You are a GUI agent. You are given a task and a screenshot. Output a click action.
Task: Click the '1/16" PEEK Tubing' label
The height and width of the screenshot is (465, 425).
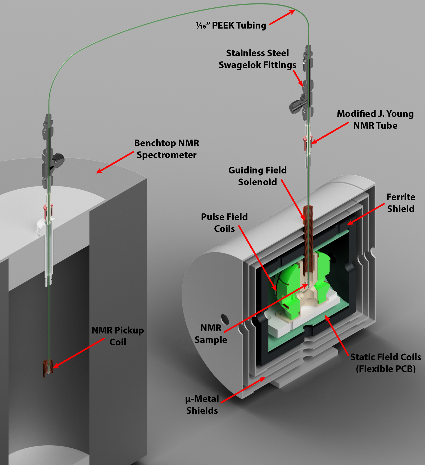coord(231,25)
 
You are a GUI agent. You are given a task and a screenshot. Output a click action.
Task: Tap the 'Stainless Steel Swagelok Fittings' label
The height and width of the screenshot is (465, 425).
coord(257,59)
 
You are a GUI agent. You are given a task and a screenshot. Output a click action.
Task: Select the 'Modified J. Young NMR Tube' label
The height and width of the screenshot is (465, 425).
coord(375,119)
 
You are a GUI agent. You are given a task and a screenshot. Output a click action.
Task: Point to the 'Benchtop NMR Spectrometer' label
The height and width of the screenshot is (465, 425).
coord(166,149)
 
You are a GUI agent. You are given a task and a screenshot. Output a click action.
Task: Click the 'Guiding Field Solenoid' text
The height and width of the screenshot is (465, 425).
coord(257,176)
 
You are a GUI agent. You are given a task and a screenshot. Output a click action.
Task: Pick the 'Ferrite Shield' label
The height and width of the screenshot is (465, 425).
coord(400,203)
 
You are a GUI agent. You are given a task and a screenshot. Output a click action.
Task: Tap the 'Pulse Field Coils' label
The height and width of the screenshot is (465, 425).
coord(224,223)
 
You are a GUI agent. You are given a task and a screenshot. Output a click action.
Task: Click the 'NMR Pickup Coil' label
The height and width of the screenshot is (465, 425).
coord(118,336)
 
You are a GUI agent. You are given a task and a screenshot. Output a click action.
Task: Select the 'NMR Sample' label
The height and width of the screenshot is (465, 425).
coord(211,334)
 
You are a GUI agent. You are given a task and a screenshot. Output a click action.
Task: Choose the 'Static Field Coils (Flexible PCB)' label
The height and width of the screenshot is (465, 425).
coord(386,363)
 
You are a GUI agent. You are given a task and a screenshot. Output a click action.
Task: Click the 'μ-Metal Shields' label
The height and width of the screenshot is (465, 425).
coord(202,405)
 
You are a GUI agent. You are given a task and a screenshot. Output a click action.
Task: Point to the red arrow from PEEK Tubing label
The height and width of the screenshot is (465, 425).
coord(282,17)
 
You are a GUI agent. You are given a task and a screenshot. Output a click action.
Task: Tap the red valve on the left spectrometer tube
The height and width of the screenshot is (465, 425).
coord(48,211)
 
